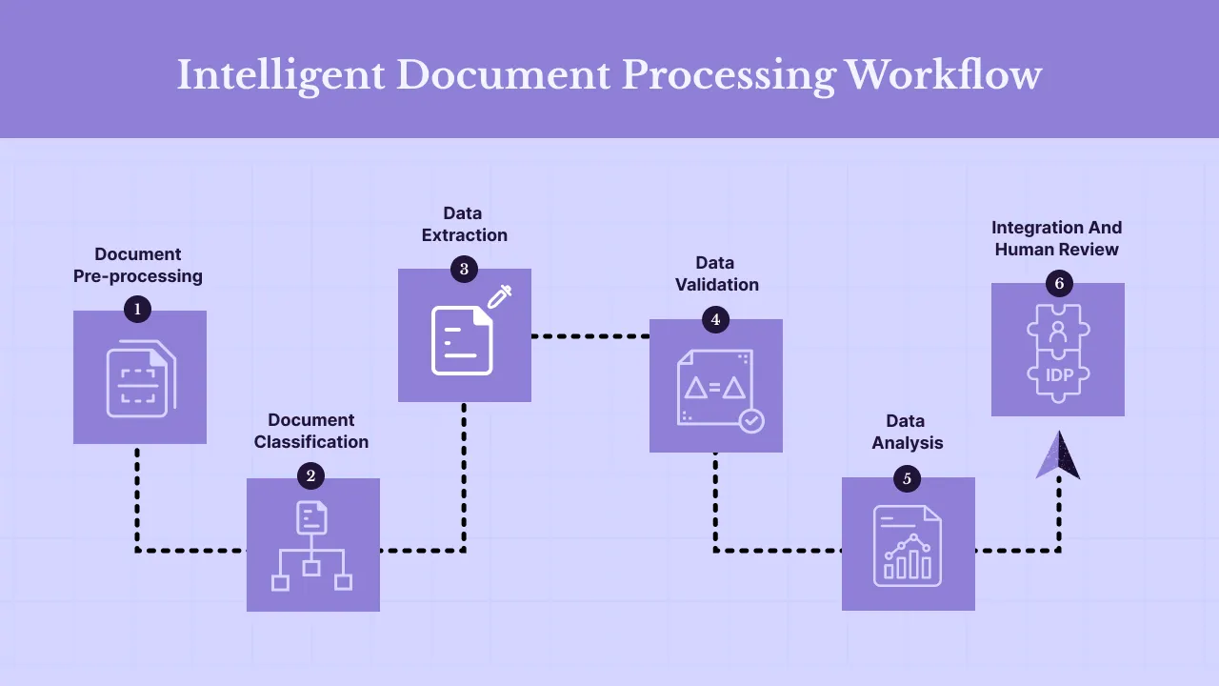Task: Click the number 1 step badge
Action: (138, 309)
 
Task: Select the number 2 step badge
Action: (310, 475)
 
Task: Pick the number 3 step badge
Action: (464, 269)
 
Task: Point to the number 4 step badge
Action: (715, 319)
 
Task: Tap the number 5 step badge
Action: (907, 478)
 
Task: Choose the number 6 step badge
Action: (1058, 283)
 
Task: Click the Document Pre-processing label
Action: (138, 265)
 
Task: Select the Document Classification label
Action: (310, 431)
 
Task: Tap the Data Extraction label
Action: (464, 224)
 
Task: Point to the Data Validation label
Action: (716, 273)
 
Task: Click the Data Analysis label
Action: (907, 432)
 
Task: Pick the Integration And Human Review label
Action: (1056, 238)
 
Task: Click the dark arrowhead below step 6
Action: (1058, 455)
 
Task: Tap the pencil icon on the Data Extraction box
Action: (500, 296)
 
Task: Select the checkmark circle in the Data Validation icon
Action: (751, 420)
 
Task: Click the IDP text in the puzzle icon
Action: (1059, 374)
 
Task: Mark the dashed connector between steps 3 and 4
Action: (590, 336)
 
